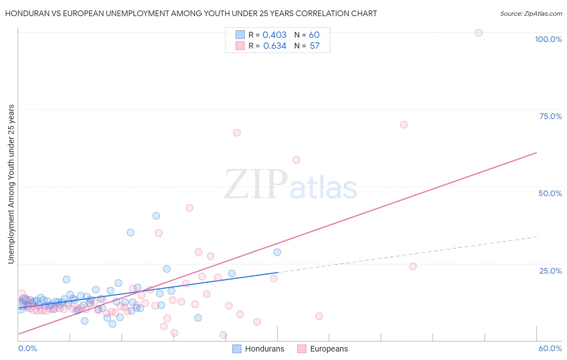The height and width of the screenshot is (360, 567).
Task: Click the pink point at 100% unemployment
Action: coord(479,33)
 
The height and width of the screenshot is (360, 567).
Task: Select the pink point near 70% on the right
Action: coord(404,125)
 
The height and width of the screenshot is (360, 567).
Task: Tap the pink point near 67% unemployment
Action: coord(237,133)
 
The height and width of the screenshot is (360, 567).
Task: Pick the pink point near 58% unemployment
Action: coord(296,160)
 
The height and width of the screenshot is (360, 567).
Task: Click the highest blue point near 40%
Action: coord(156,216)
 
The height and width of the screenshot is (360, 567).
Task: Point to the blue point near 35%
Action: coord(131,232)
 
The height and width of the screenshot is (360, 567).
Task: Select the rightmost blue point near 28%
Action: coord(277,252)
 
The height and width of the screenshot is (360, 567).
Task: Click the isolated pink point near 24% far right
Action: coord(413,266)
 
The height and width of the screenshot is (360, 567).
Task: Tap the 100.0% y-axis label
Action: coord(548,39)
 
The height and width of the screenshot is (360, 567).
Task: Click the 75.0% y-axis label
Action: coord(550,116)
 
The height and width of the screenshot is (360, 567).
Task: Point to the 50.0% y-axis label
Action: coord(550,193)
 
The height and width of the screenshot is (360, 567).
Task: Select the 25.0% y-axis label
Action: coord(550,271)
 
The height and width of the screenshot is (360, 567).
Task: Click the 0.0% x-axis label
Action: coord(27,348)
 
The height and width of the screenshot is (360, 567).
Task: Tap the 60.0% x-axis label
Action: coord(550,348)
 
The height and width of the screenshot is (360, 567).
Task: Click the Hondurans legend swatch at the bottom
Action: coord(237,349)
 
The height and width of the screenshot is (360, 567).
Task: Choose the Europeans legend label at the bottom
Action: coord(329,349)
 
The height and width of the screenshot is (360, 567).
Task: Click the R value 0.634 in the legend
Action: coord(275,46)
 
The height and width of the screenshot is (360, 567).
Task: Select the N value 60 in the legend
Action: coord(314,35)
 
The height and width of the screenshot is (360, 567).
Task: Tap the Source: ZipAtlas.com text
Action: coord(531,14)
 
